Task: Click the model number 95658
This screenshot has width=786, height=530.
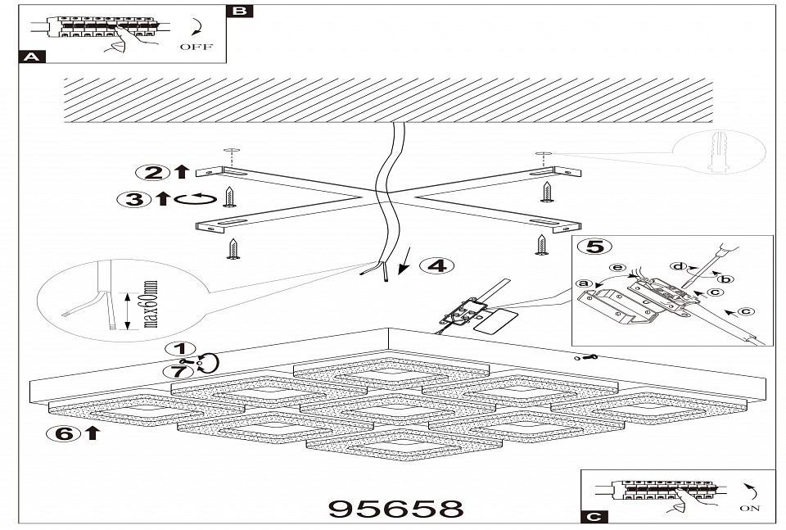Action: pos(395,508)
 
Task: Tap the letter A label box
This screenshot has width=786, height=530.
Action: pos(31,57)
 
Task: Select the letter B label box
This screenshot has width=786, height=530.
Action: pos(239,11)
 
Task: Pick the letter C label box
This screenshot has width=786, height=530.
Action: pos(595,516)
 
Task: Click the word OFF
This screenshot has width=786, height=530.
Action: pos(195,48)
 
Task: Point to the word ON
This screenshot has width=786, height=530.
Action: pos(748,508)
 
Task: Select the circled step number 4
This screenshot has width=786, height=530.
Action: pos(437,265)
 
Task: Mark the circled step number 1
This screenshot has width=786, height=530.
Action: pos(182,348)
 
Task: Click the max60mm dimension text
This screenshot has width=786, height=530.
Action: pos(150,306)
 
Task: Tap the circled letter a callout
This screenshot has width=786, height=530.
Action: pos(584,284)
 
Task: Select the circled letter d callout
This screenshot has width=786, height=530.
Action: pos(679,265)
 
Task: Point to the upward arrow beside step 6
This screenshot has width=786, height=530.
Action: pos(92,433)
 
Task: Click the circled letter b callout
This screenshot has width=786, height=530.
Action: pos(725,279)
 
